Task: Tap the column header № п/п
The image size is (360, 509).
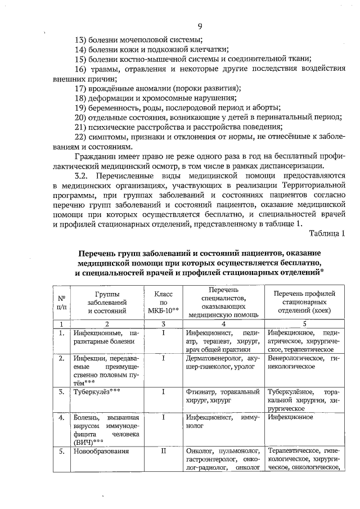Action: point(61,302)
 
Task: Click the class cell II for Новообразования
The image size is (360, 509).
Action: point(163,451)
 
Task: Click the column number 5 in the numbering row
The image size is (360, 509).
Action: point(304,323)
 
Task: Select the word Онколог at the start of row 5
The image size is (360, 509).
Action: point(200,451)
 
